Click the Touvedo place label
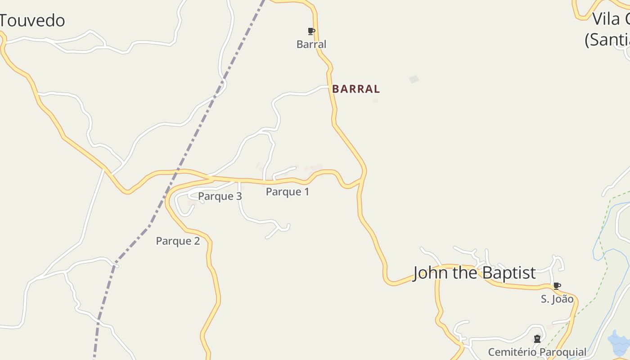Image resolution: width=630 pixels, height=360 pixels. pos(32,21)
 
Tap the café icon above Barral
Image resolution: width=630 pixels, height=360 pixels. pos(311,31)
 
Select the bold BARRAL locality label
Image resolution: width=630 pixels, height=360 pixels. pos(356,89)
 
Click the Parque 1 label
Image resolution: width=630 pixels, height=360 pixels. pos(288,192)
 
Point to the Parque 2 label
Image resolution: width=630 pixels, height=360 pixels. pos(178,241)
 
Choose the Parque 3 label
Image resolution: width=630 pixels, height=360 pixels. pos(220,196)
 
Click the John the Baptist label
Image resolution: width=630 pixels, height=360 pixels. pos(474,273)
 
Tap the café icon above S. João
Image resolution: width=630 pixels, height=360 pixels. pos(557,286)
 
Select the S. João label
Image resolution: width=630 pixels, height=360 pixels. pos(557,299)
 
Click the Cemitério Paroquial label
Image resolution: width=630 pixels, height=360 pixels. pos(537,352)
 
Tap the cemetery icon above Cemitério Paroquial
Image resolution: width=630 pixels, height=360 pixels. pos(537,339)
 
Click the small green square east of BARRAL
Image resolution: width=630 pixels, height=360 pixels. pos(414,79)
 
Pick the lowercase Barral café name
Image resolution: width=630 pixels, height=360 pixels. pos(311,44)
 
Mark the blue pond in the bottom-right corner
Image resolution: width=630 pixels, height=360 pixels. pos(619,342)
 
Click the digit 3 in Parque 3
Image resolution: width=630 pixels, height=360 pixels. pos(239,196)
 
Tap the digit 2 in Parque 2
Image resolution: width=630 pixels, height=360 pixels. pos(197,241)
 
